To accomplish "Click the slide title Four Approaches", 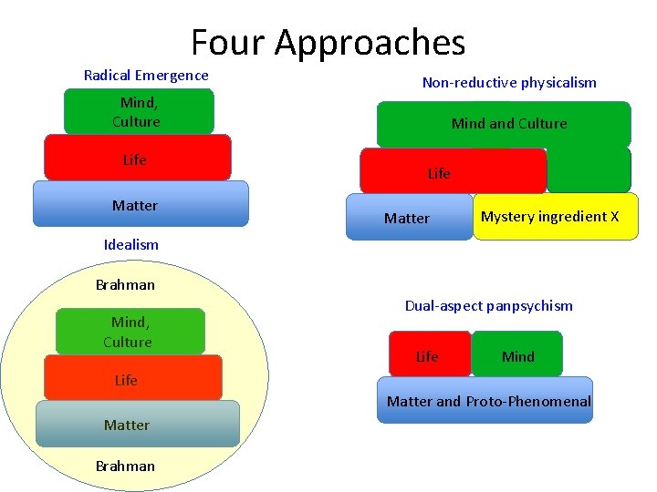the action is click(328, 42).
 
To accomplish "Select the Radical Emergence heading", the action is click(146, 76).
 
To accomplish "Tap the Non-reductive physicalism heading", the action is click(509, 83).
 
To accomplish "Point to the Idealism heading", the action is click(131, 244).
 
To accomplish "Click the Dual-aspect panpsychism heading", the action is click(489, 306).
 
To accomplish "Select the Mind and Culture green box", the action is click(504, 124).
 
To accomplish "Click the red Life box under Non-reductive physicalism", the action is click(453, 170).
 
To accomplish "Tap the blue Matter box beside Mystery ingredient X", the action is click(409, 218).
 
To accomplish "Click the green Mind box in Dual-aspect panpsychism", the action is click(517, 355).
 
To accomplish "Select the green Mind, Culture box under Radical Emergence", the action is click(138, 112).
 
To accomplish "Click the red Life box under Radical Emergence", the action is click(138, 159).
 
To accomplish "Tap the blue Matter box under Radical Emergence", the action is click(141, 204).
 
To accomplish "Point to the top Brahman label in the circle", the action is click(125, 284).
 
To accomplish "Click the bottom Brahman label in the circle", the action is click(125, 466).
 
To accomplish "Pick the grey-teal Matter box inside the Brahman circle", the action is click(137, 424).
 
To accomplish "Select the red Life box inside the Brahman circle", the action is click(133, 378).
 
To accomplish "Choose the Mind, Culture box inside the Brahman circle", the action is click(130, 332).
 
